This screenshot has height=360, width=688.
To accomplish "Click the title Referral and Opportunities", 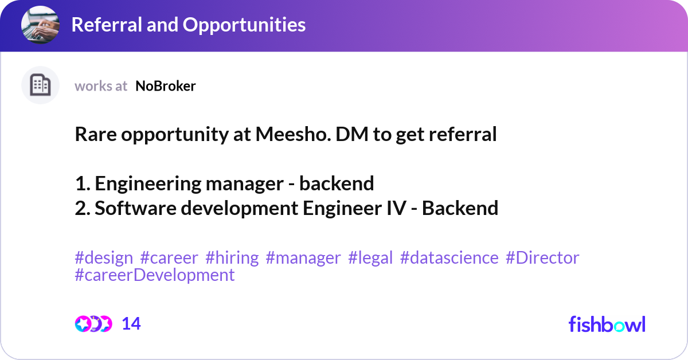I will click(x=188, y=25).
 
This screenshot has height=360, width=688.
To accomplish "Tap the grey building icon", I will click(x=40, y=85).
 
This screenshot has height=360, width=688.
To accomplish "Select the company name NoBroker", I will click(x=166, y=86).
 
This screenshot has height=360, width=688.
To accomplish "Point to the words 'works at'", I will click(x=101, y=86).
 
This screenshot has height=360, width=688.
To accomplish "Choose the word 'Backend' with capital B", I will click(x=460, y=208).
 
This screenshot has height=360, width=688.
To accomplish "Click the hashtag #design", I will click(x=104, y=258).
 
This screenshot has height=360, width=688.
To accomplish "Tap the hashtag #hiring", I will click(x=232, y=258).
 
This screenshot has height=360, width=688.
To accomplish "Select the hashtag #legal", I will click(x=370, y=258).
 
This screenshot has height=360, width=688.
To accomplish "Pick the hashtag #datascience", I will click(x=449, y=258).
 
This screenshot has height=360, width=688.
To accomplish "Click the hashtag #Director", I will click(x=542, y=258).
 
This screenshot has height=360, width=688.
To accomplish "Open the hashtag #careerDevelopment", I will click(x=155, y=275).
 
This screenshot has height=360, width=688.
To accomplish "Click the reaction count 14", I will click(x=131, y=324).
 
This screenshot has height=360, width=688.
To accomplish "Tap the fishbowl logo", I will click(x=607, y=324).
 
